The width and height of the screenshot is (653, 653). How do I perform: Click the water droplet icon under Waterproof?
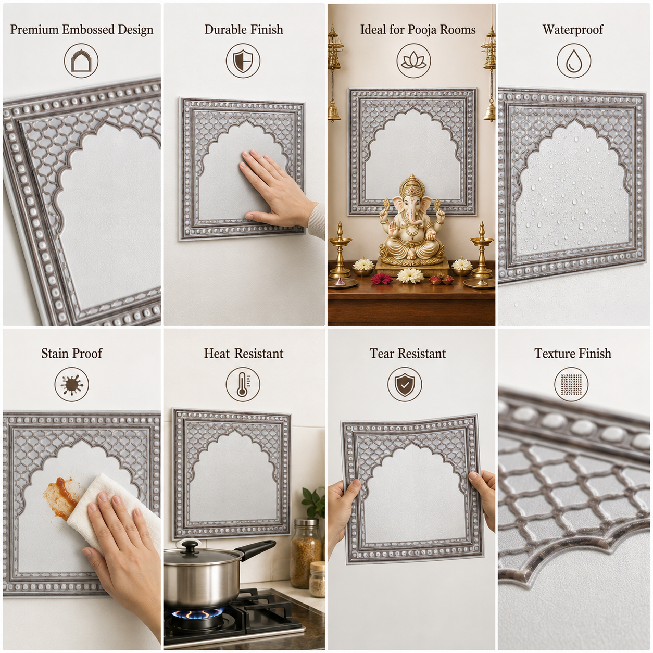pos(574,61)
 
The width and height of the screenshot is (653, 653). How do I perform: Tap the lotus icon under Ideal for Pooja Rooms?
pos(413,61)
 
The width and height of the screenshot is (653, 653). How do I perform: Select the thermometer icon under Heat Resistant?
pos(243,385)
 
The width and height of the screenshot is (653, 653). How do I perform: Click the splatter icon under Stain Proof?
pos(71,385)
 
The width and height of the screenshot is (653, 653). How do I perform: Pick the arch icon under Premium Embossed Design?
pos(81,61)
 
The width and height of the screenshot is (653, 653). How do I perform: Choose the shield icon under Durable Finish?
pos(243,61)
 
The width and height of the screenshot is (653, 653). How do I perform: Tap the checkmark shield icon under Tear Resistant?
pos(405,385)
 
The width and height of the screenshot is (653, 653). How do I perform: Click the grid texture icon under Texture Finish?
pos(571,385)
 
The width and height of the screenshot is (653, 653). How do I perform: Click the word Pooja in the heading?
pos(422,30)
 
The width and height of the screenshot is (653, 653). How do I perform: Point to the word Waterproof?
pos(573,30)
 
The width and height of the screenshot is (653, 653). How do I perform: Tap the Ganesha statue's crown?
pos(411,185)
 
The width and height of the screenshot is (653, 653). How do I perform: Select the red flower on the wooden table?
pos(381,279)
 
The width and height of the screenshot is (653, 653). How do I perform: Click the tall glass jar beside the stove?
pos(305,553)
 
